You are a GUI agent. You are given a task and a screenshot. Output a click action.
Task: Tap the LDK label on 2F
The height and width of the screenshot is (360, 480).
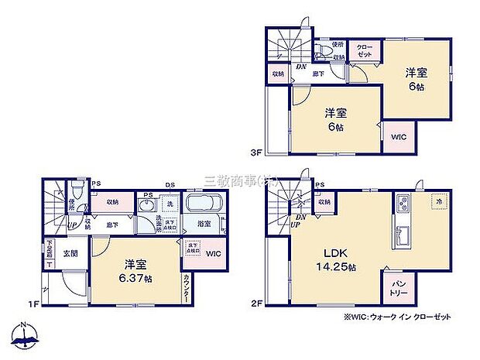coord(324,253)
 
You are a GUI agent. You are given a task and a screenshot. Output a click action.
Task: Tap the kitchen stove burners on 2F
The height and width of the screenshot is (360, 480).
coord(403,204)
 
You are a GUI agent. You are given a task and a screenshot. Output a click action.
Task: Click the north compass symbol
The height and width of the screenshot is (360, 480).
coord(25,335)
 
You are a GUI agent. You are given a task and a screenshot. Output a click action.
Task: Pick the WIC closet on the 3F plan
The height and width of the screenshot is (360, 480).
coord(398,137)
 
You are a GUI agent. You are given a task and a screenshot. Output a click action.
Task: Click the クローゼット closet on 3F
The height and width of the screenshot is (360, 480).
coord(364,51)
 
